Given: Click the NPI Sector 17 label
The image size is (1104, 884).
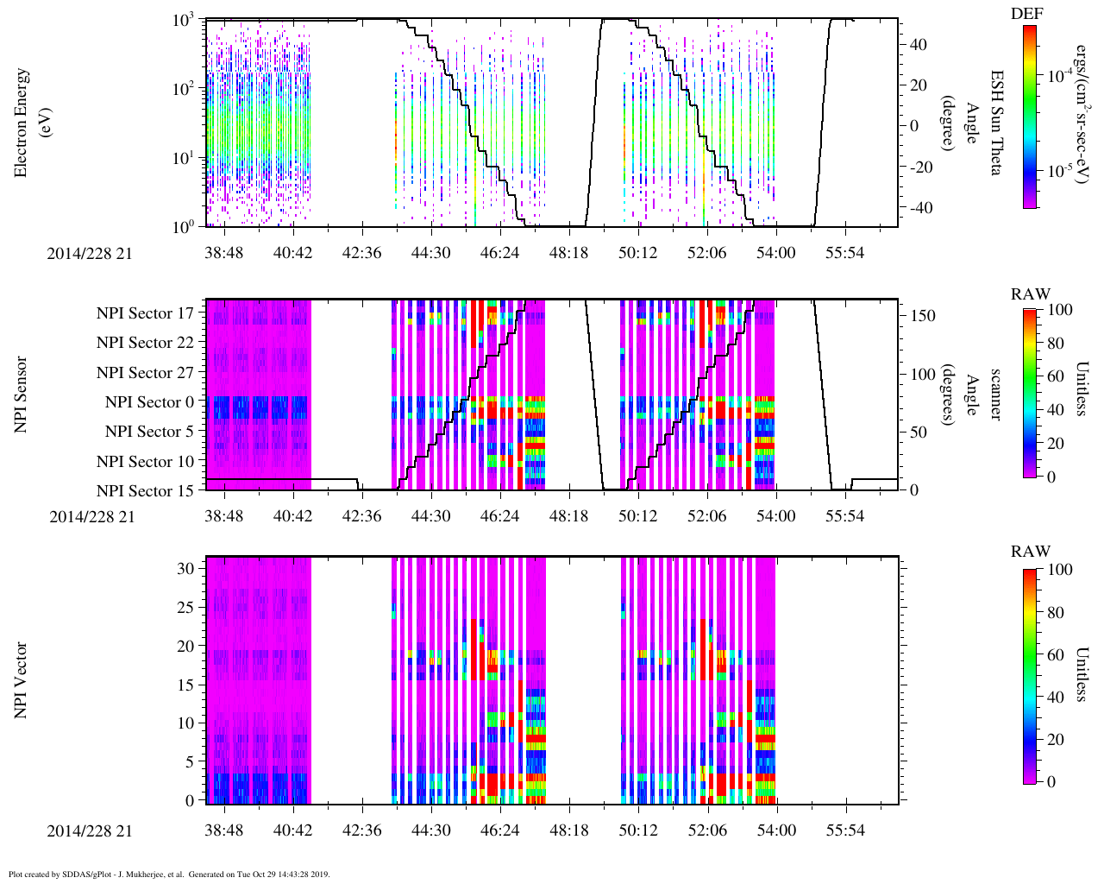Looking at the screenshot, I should [x=145, y=313].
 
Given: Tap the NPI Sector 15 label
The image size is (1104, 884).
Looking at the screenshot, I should [x=145, y=491].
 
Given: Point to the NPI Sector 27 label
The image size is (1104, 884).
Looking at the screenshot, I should [x=145, y=373].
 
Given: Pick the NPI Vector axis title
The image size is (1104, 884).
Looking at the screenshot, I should [x=22, y=680].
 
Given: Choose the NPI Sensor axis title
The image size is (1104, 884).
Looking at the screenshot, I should [x=22, y=395].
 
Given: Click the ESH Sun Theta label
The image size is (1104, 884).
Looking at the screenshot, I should [x=996, y=123].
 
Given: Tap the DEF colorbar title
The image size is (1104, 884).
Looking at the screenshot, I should [x=1026, y=14].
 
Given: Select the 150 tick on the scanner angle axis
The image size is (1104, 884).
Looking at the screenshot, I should [x=923, y=316].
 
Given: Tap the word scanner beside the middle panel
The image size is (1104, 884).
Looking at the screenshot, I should [x=996, y=395].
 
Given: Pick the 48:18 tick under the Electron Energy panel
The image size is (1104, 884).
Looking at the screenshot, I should [x=568, y=252].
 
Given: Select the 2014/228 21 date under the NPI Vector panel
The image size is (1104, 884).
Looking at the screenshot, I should [x=91, y=830].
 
